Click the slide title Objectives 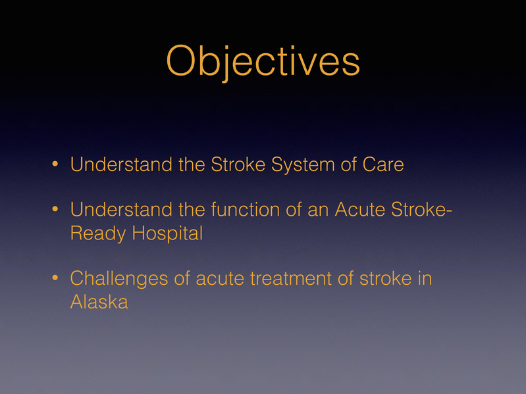(x=263, y=62)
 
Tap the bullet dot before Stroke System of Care (x=56, y=165)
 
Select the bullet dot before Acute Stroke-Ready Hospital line (x=56, y=210)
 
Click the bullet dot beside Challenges (x=56, y=279)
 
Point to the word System (x=288, y=164)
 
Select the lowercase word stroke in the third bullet (x=385, y=278)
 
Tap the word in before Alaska (x=425, y=278)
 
